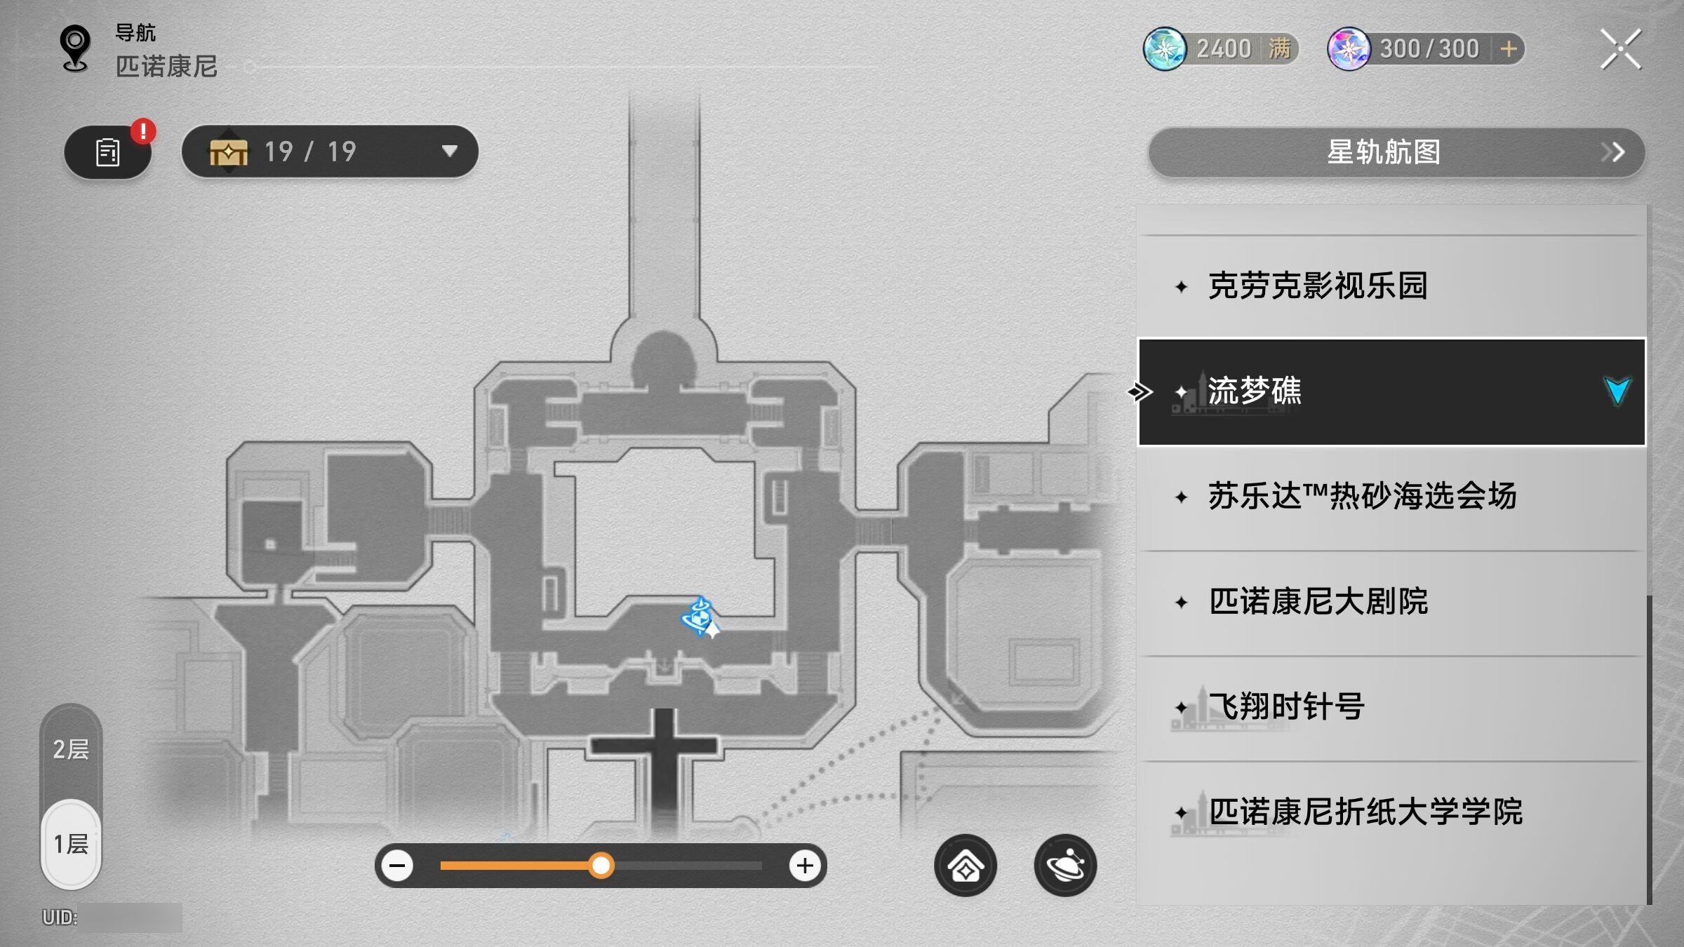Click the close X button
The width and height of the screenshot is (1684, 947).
(x=1620, y=49)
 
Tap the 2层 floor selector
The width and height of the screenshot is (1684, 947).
(x=71, y=749)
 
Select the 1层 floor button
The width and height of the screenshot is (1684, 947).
(x=71, y=844)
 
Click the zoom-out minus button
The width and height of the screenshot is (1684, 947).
(x=397, y=866)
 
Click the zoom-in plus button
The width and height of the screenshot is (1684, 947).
(x=805, y=866)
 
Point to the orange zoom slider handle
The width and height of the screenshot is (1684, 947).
(x=601, y=866)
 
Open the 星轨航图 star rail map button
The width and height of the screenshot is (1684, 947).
(x=1396, y=152)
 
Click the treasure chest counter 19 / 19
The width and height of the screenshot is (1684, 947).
(x=330, y=152)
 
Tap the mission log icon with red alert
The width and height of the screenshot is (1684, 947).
(x=108, y=152)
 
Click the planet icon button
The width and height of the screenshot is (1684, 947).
(x=1065, y=866)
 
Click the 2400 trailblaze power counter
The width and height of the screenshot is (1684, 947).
(x=1221, y=49)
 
